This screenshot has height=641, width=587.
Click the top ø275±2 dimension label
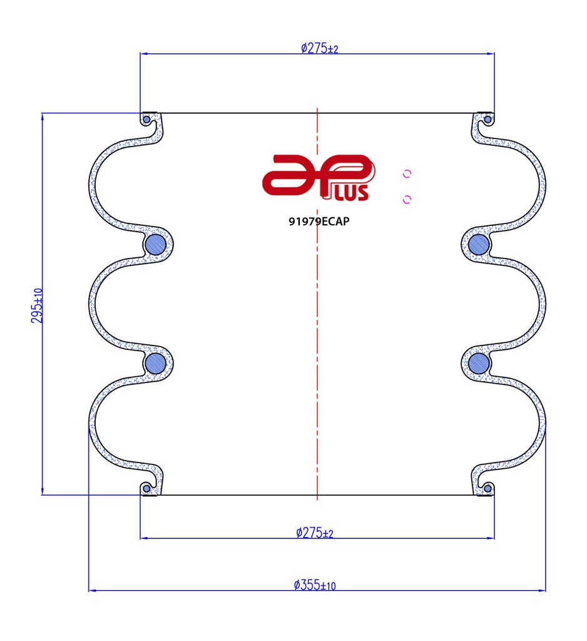pyautogui.click(x=320, y=49)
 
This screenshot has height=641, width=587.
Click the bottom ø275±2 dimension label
pyautogui.click(x=315, y=533)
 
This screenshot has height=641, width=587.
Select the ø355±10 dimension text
pyautogui.click(x=315, y=585)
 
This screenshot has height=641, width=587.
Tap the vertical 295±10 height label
pyautogui.click(x=37, y=305)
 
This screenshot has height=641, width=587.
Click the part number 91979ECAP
pyautogui.click(x=319, y=221)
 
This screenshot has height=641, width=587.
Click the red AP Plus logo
pyautogui.click(x=319, y=177)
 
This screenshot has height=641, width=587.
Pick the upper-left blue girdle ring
pyautogui.click(x=156, y=245)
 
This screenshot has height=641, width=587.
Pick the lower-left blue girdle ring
pyautogui.click(x=156, y=363)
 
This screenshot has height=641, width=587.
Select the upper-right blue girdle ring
pyautogui.click(x=479, y=245)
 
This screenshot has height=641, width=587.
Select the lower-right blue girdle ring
pyautogui.click(x=479, y=363)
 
